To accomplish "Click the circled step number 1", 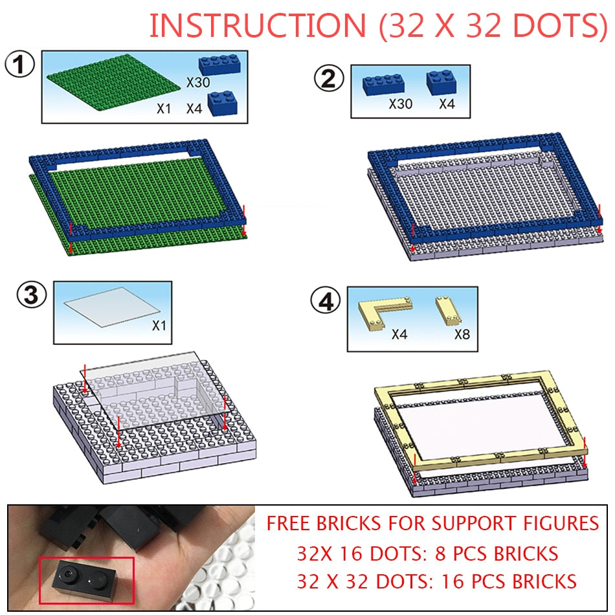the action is pos(19,64).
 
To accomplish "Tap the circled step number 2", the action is pos(329,78).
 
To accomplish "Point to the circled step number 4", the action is pos(326,302).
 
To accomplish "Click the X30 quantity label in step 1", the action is pos(197,83).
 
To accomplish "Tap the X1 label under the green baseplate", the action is pos(164,109).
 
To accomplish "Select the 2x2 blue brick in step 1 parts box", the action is pos(223,103).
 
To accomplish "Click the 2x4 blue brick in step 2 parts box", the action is pos(383,85).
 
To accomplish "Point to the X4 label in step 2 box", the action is pos(447,104).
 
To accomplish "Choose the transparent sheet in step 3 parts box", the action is pos(112,307).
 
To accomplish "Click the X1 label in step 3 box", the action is pos(159,326).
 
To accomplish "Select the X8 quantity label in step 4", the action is pos(462,335).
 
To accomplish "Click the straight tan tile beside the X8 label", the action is pos(448,311).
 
